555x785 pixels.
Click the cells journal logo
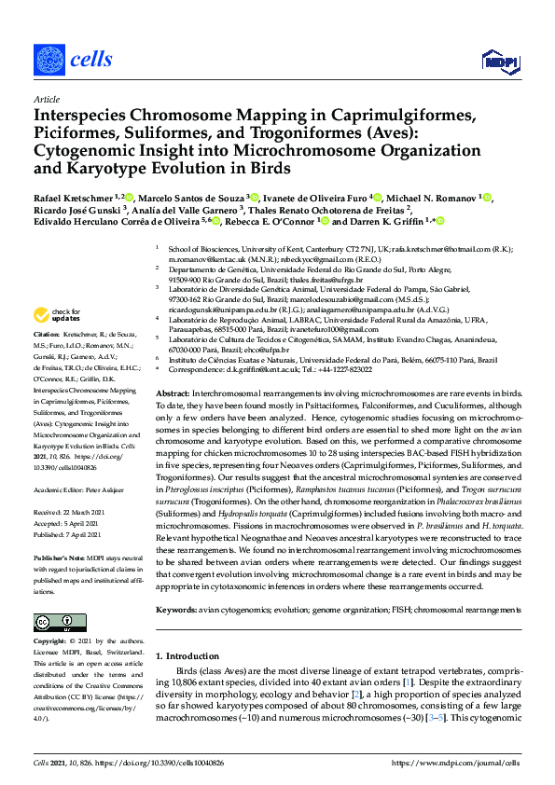(x=73, y=60)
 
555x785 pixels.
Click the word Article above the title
(x=46, y=98)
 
